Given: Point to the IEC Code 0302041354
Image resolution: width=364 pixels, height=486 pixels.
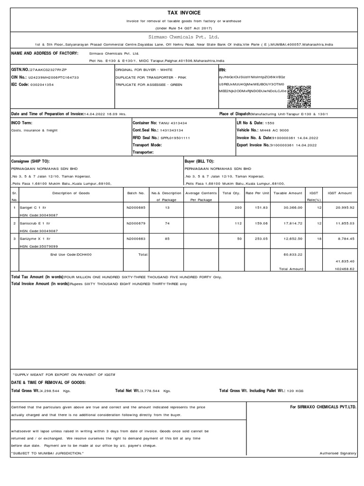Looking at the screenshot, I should click(42, 84).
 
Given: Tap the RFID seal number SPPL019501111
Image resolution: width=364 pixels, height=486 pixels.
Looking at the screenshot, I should click(175, 138).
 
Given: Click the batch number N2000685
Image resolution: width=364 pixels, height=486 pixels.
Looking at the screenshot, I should click(136, 208).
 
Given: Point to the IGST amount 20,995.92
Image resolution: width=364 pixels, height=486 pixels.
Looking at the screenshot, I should click(344, 208).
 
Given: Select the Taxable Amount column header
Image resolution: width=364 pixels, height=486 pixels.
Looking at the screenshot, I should click(288, 193).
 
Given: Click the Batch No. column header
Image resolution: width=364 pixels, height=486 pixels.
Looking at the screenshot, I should click(136, 193).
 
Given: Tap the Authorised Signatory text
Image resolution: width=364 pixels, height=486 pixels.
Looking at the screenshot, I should click(338, 453).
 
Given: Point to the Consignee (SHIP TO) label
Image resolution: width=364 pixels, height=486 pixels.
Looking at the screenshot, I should click(30, 161).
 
